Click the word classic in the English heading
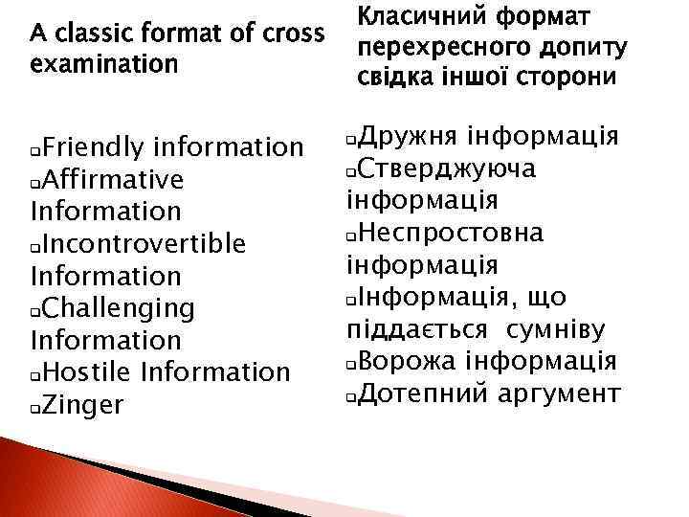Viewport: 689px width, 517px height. point(99,34)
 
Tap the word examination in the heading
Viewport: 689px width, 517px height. point(104,64)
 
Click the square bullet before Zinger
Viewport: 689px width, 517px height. point(35,408)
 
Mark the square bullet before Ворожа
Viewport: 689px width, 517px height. point(350,364)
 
